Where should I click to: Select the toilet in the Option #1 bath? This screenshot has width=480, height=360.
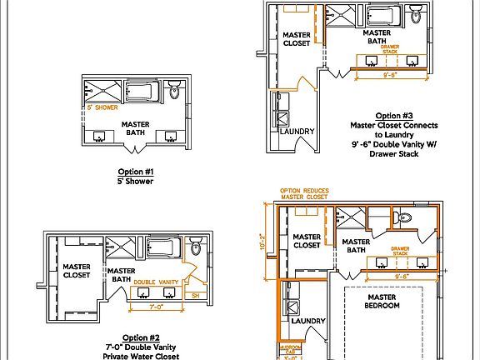(x=174, y=91)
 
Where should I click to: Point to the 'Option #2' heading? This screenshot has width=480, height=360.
(x=141, y=337)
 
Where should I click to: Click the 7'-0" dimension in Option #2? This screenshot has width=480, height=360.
(x=155, y=307)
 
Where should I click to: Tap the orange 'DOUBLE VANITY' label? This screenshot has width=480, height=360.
(x=156, y=282)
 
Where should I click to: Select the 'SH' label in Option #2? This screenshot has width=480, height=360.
(x=195, y=295)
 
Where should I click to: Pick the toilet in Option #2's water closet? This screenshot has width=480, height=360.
(x=195, y=247)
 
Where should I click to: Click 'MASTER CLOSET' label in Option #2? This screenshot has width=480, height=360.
(x=77, y=270)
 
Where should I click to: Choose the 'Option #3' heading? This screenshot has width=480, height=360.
(x=394, y=115)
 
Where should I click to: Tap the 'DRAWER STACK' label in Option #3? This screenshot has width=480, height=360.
(x=390, y=48)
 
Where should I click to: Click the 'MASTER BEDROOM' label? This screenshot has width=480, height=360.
(x=382, y=302)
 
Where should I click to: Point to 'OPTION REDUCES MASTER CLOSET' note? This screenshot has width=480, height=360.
(x=303, y=193)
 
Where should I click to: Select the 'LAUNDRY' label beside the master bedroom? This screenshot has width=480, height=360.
(x=308, y=321)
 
